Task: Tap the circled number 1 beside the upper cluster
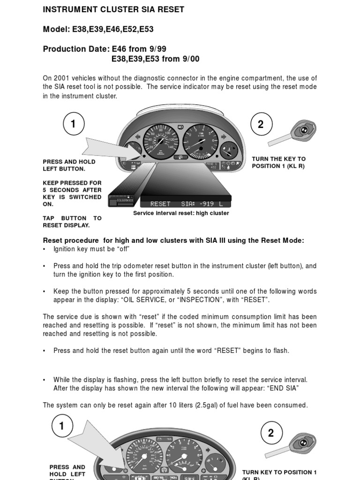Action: [73, 124]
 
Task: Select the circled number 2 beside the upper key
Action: [261, 124]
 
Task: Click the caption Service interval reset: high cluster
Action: [181, 213]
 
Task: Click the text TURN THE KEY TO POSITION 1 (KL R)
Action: [278, 163]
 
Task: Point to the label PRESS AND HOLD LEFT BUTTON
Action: [69, 165]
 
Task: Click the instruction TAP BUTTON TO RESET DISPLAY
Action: [72, 222]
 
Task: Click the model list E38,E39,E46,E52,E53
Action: [112, 29]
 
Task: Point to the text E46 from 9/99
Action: [139, 49]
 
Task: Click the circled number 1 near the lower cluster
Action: [61, 426]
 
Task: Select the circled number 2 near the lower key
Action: [270, 433]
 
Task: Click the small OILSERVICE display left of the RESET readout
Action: [121, 200]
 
